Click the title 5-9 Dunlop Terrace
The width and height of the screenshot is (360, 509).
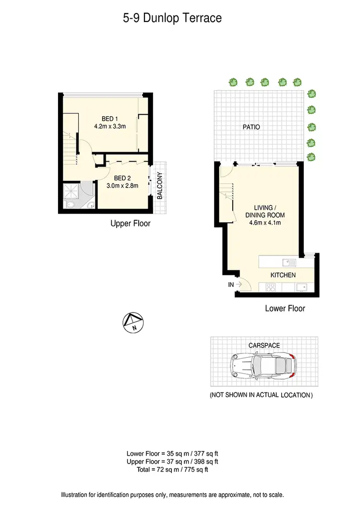(x=172, y=19)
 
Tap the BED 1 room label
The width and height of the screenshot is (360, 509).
(x=109, y=119)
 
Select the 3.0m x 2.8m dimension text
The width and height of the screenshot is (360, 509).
(x=122, y=186)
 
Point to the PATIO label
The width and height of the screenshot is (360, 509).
(x=251, y=127)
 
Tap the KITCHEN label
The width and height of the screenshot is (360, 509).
(x=283, y=275)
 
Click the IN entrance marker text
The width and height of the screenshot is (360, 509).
(x=231, y=285)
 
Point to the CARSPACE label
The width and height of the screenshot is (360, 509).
(x=264, y=345)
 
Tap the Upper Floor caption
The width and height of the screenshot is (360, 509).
(x=130, y=223)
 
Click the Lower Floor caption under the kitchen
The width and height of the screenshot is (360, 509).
(x=285, y=308)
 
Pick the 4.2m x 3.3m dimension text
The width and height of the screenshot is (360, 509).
(x=110, y=127)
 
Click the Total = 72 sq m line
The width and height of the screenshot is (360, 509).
(x=173, y=470)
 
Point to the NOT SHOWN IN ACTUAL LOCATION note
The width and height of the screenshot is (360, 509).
(x=262, y=395)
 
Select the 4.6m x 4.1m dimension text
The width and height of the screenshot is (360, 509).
(x=265, y=223)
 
